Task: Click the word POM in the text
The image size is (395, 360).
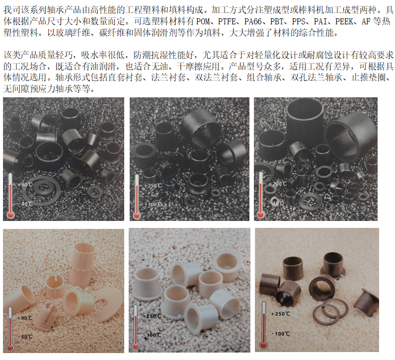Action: [x=203, y=21]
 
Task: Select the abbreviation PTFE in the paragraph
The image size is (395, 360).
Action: [x=227, y=21]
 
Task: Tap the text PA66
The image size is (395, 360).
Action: [x=253, y=21]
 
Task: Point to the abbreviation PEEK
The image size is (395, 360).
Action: [x=344, y=21]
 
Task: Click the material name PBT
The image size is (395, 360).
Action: [x=277, y=21]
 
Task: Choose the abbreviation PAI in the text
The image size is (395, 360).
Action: [x=320, y=21]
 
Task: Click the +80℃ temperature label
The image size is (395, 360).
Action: [x=25, y=185]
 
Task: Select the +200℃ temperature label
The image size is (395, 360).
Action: [x=278, y=184]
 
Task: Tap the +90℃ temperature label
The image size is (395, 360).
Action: [x=25, y=318]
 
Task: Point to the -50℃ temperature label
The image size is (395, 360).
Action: [x=25, y=337]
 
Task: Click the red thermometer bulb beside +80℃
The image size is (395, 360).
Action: [x=10, y=215]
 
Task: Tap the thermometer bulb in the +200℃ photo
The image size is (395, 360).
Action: [x=260, y=215]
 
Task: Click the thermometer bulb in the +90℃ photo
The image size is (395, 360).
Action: [x=10, y=348]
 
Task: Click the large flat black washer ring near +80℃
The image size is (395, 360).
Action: [x=41, y=191]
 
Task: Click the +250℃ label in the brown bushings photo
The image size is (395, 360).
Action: [x=281, y=314]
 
